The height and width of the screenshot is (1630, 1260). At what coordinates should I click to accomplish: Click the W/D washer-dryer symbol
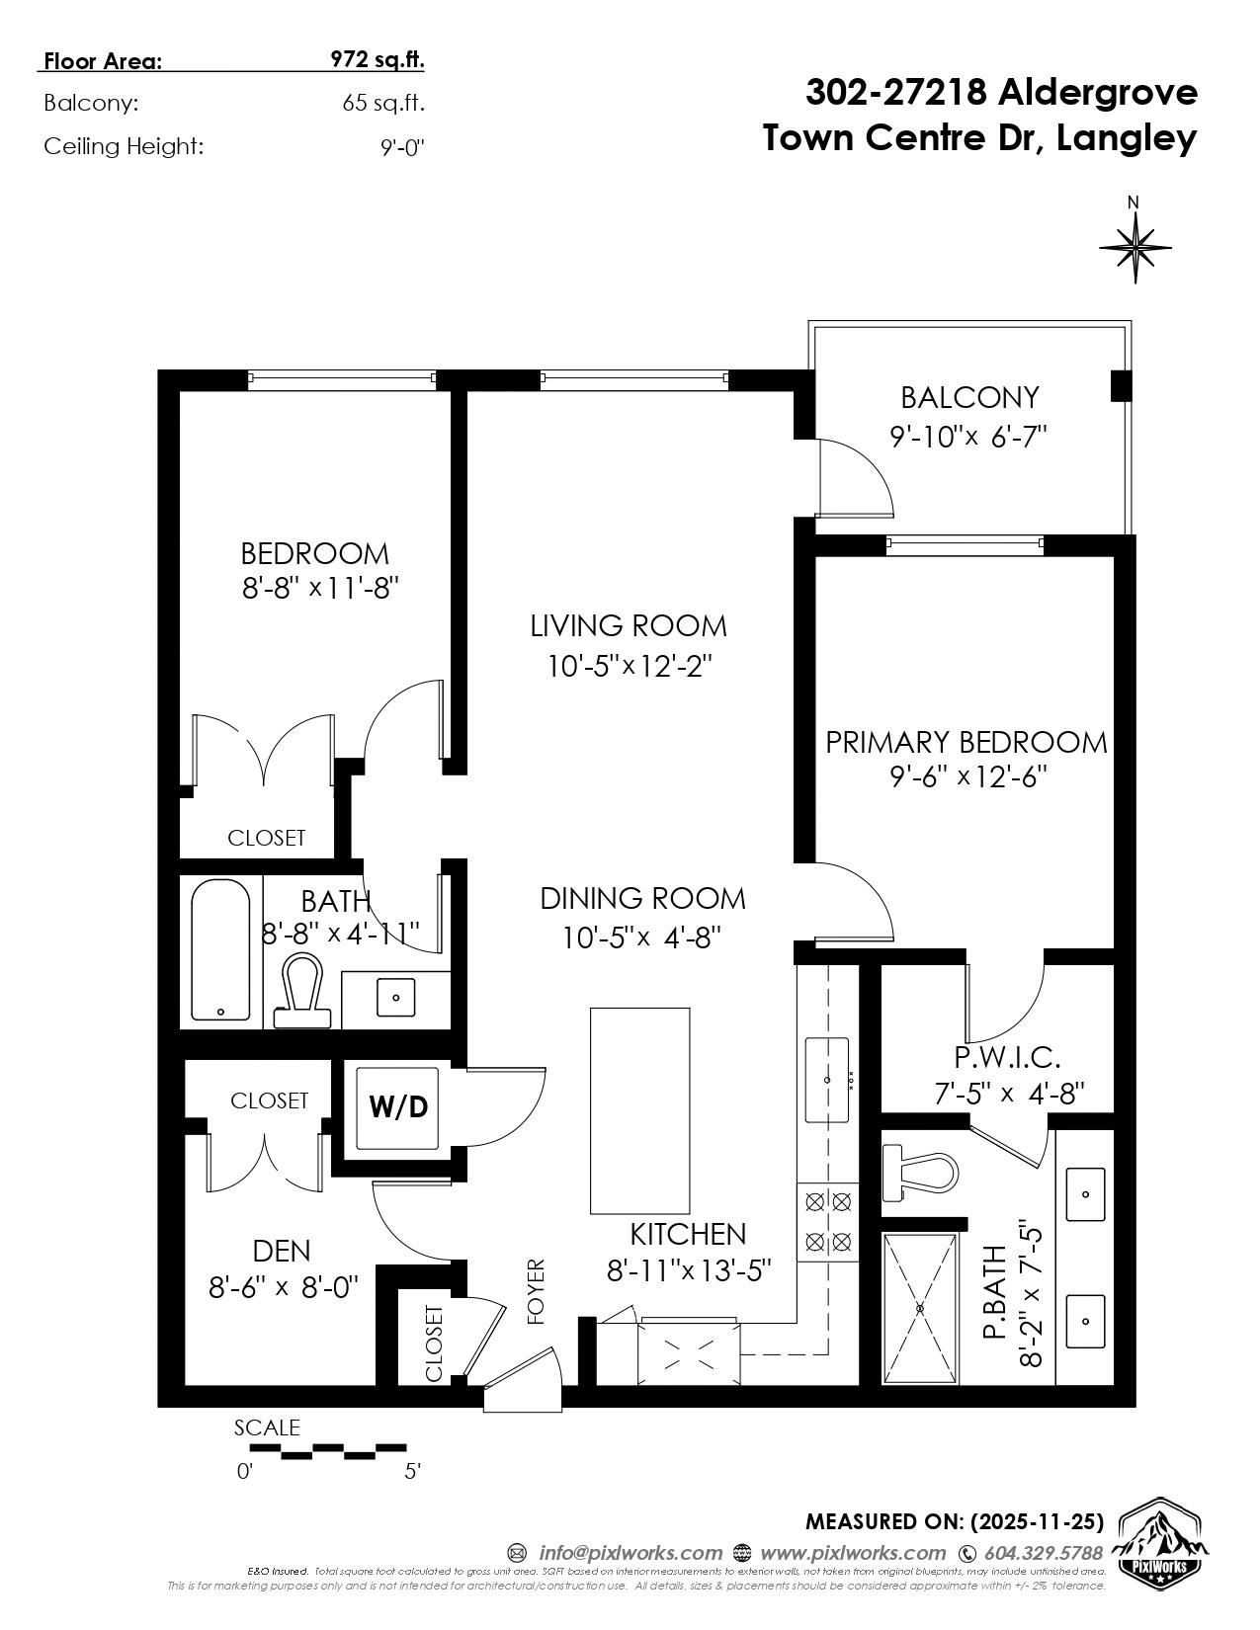tap(397, 1107)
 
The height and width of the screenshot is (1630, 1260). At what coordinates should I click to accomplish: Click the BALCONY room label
tap(969, 398)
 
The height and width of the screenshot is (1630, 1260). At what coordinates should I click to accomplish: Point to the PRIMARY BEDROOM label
tap(966, 742)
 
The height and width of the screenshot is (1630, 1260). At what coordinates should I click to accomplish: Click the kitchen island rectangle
tap(639, 1110)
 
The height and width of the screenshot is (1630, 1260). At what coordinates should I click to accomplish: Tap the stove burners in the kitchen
tap(828, 1221)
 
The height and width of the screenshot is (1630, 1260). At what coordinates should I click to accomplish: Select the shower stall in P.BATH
tap(920, 1308)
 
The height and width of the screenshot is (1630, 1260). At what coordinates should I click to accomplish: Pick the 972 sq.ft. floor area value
tap(377, 60)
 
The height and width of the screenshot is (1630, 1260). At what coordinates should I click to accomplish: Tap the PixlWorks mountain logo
tap(1159, 1548)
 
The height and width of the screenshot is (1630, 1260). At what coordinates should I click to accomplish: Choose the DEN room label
tap(282, 1252)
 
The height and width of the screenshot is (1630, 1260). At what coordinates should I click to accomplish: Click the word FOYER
tap(536, 1291)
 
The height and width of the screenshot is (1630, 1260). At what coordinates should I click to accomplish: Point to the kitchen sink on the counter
tap(827, 1080)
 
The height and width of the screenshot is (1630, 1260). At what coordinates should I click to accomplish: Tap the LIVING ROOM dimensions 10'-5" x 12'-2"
tap(630, 667)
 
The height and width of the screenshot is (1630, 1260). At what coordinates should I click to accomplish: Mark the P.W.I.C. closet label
tap(1007, 1058)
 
